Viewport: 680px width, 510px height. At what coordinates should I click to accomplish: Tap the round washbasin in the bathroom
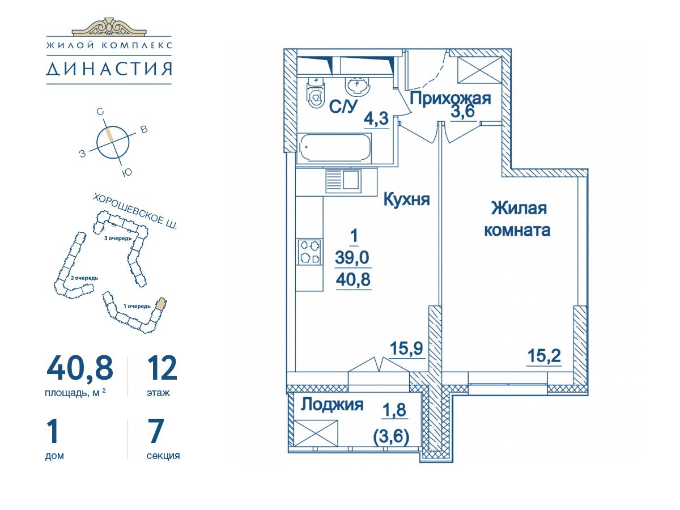pos(357,86)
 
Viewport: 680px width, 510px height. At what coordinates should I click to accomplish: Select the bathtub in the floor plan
pos(334,148)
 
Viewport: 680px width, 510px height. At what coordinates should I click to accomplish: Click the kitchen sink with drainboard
pos(343,181)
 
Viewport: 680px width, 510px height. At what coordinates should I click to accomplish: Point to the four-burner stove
pos(309,252)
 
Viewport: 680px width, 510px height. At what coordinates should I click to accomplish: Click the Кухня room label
pos(406,199)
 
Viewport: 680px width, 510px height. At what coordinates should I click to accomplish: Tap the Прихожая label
pos(450,99)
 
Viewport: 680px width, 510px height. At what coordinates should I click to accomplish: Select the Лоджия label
pos(332,405)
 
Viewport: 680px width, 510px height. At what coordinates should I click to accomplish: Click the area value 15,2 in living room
pos(544,356)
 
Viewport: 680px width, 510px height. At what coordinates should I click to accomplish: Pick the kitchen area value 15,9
pos(406,348)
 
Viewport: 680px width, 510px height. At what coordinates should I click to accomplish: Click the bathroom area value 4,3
pos(376,118)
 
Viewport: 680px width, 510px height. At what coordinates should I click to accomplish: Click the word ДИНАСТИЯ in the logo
pos(109,69)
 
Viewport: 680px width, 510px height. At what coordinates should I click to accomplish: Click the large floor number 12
pos(162,368)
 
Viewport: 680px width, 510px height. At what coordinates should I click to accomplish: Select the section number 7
pos(156,431)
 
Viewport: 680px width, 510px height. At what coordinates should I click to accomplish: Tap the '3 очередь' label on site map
pos(118,239)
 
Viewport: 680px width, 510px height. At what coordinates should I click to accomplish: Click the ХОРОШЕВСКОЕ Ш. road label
pos(135,212)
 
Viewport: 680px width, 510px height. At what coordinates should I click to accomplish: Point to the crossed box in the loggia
pos(316,433)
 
